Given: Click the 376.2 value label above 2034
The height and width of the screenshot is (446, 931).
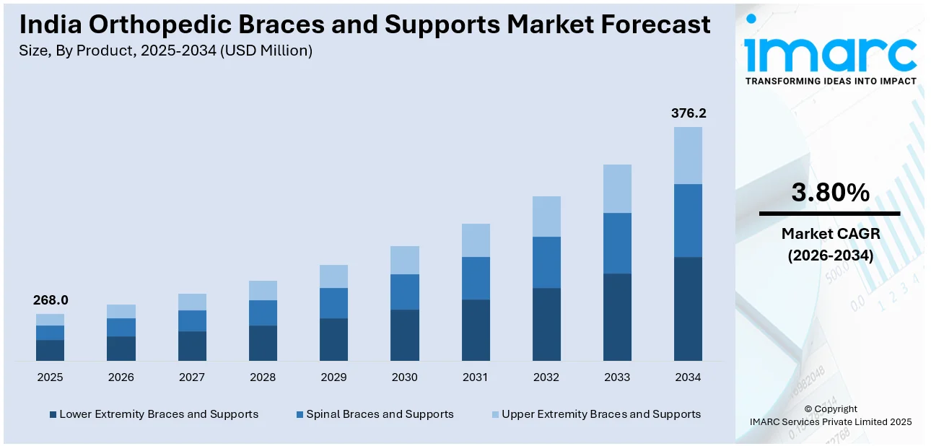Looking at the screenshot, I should click(688, 113).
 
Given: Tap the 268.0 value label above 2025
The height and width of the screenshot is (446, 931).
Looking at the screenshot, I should click(50, 300).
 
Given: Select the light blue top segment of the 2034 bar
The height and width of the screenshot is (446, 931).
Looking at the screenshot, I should click(688, 155).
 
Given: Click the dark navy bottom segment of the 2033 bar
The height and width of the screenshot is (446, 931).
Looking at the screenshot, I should click(617, 317).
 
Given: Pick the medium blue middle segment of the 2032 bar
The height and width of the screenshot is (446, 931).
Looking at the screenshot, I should click(546, 262).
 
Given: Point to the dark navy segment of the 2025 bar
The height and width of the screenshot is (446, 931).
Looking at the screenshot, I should click(50, 350).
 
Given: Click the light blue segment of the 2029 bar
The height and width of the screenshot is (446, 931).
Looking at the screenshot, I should click(333, 276).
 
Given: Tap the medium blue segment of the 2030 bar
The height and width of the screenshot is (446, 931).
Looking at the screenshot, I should click(404, 292).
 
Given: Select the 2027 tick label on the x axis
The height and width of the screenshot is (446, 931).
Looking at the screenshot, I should click(192, 377).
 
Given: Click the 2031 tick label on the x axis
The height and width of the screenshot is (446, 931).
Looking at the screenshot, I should click(475, 377).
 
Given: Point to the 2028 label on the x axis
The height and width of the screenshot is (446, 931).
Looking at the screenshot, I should click(263, 377).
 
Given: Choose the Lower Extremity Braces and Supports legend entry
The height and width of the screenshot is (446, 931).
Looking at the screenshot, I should click(154, 414).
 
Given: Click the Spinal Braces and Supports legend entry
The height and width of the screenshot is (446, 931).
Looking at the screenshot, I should click(375, 414).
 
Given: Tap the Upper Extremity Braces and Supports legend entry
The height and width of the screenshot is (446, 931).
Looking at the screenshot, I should click(595, 414).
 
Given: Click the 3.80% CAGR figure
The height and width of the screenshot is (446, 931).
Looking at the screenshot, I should click(830, 192).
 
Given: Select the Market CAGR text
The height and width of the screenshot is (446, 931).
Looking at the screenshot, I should click(830, 234).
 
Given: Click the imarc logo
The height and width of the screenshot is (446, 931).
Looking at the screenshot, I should click(830, 49).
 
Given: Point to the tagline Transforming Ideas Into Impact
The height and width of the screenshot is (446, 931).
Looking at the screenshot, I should click(830, 81).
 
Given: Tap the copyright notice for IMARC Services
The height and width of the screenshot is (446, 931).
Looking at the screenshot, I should click(830, 415).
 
